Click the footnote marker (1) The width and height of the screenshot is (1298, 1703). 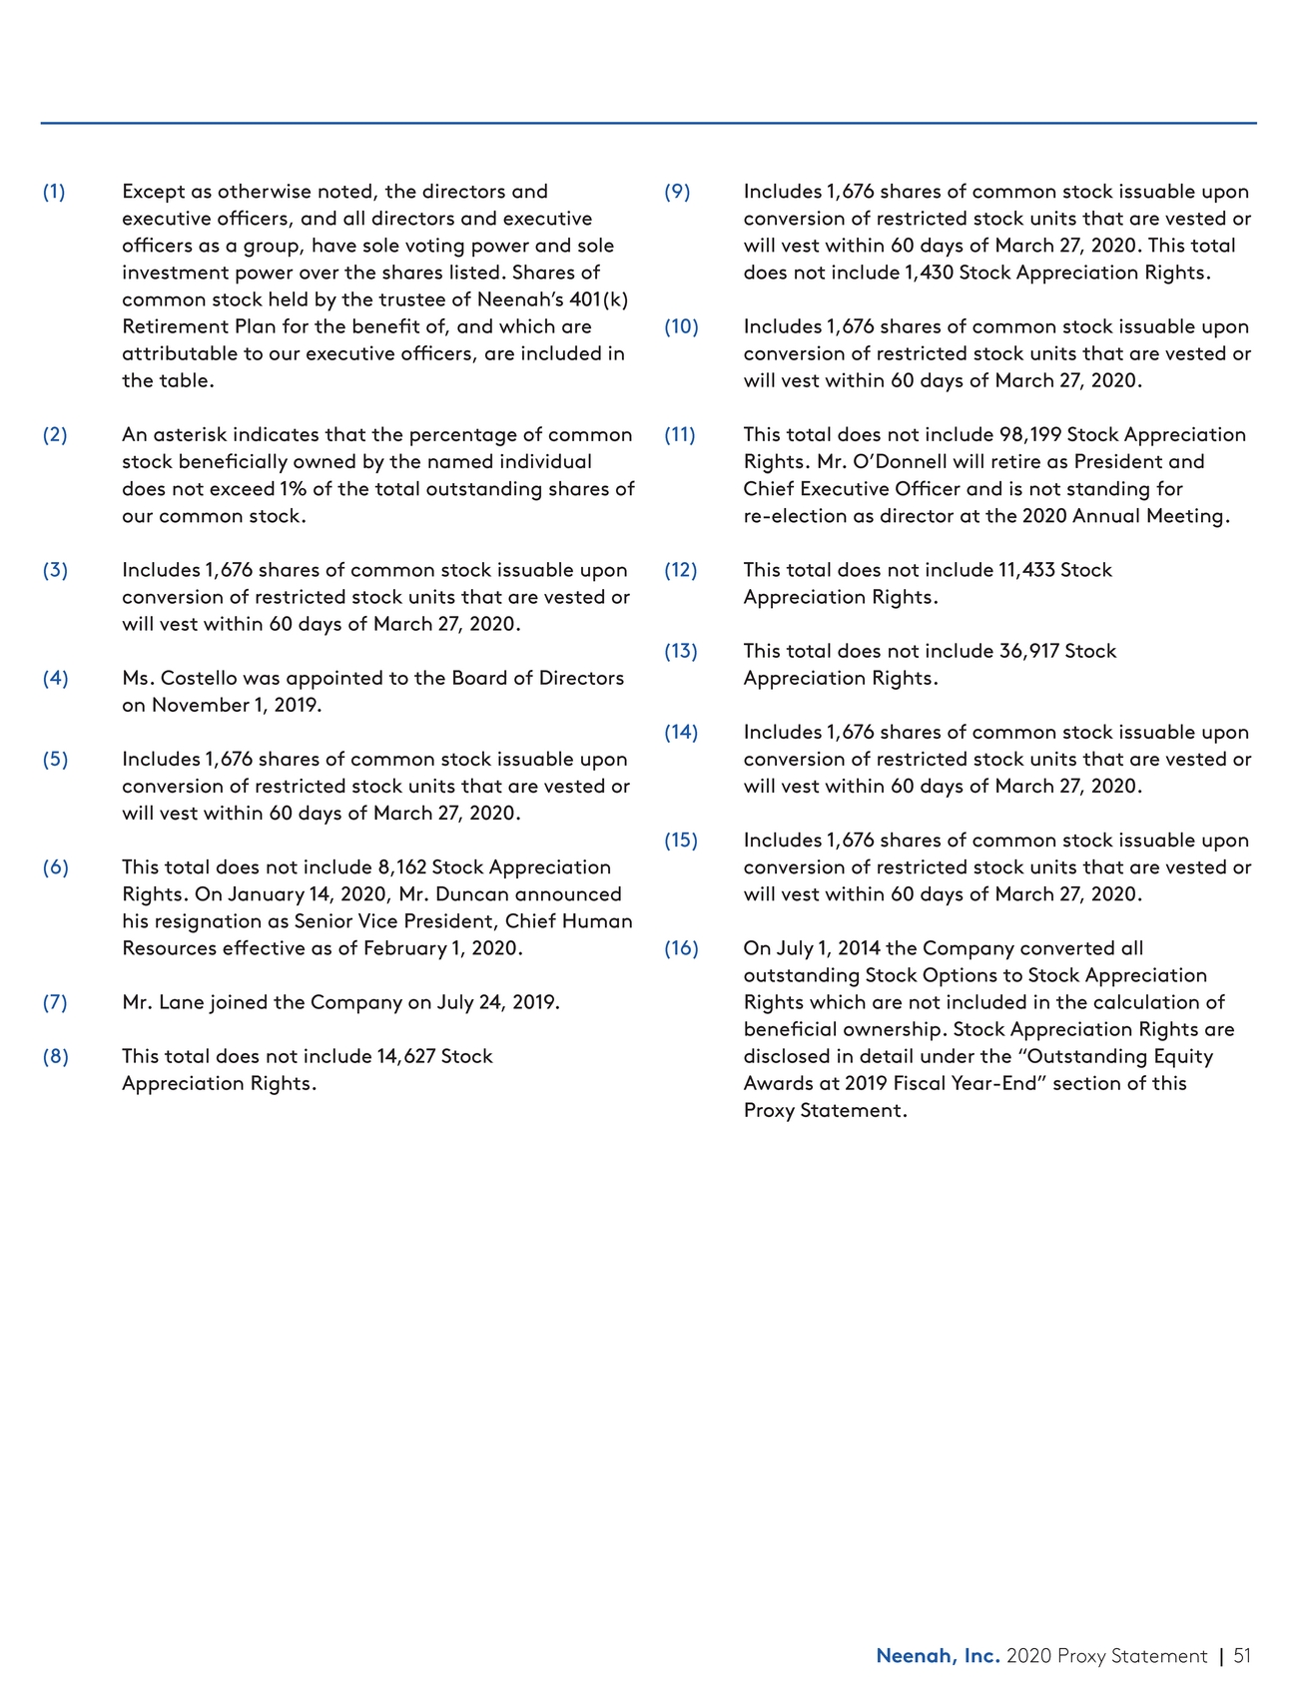[54, 192]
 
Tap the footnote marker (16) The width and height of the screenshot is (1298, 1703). [681, 948]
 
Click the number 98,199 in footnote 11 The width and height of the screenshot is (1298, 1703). [1029, 435]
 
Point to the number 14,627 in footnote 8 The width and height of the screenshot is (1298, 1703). [406, 1056]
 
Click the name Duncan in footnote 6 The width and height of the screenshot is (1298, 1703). [470, 894]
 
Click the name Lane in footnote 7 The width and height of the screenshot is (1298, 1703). [181, 1002]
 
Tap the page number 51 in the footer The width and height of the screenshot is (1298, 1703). [1241, 1656]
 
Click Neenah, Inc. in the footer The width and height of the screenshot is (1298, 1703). [938, 1656]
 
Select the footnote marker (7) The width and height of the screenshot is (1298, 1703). [55, 1002]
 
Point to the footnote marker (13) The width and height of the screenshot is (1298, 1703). [681, 651]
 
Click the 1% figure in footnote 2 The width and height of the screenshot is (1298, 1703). [294, 489]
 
